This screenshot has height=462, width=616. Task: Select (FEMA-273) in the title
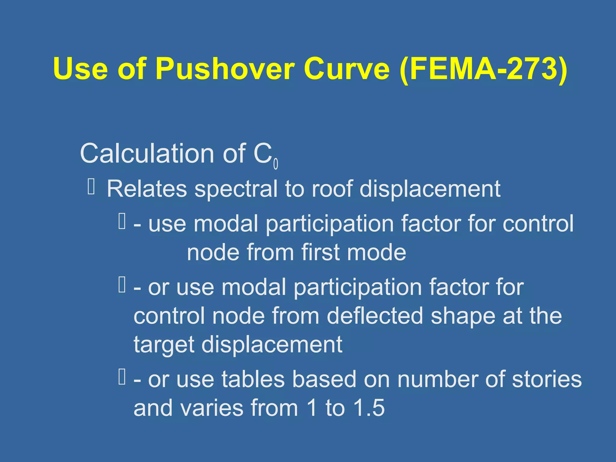[483, 69]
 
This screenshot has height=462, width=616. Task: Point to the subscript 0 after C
[276, 164]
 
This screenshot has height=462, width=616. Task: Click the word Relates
[147, 189]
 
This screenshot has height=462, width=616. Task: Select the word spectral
[236, 189]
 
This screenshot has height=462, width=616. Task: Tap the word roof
[332, 189]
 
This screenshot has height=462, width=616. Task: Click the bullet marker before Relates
[91, 186]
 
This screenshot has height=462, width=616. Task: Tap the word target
[164, 344]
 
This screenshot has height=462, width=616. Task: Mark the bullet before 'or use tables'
[122, 377]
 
